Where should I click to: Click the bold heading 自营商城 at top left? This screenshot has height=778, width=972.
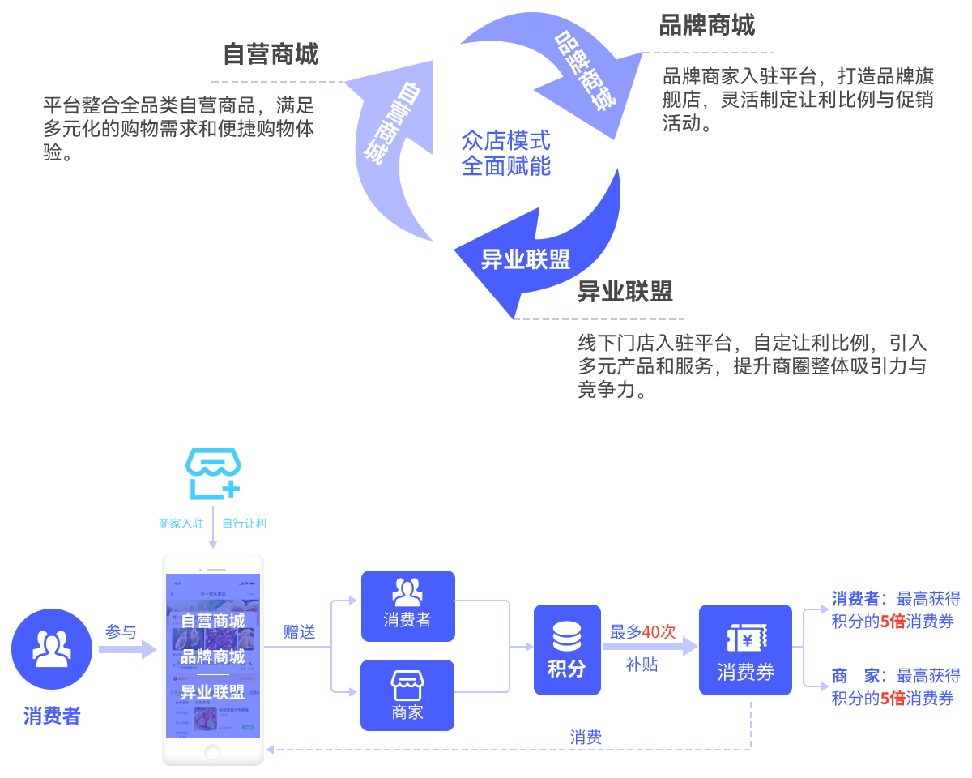click(x=271, y=53)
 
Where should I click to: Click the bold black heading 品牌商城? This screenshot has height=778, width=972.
click(x=707, y=25)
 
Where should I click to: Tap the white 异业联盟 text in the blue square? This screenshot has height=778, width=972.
click(x=526, y=259)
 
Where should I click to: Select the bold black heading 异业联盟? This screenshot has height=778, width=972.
click(x=625, y=292)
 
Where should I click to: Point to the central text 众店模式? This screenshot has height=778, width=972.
click(x=505, y=141)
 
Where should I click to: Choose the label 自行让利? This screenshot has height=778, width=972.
click(x=244, y=523)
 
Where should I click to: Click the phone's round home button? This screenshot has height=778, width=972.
click(x=212, y=753)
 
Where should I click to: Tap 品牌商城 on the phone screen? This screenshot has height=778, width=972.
click(x=212, y=656)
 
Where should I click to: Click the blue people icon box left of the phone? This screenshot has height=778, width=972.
click(x=52, y=648)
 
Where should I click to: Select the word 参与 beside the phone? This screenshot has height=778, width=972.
click(x=121, y=632)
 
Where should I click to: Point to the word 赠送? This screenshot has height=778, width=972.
click(x=300, y=632)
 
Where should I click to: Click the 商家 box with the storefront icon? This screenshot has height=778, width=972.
click(x=407, y=695)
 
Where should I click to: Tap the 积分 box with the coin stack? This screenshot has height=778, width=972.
click(x=567, y=648)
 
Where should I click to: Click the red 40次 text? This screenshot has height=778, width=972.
click(x=659, y=632)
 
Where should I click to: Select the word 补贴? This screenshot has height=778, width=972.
click(x=642, y=665)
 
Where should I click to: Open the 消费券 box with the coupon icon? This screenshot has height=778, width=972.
click(x=745, y=649)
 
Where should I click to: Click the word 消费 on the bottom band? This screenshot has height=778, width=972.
click(x=586, y=737)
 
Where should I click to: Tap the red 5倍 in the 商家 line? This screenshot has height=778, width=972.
click(x=893, y=699)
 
